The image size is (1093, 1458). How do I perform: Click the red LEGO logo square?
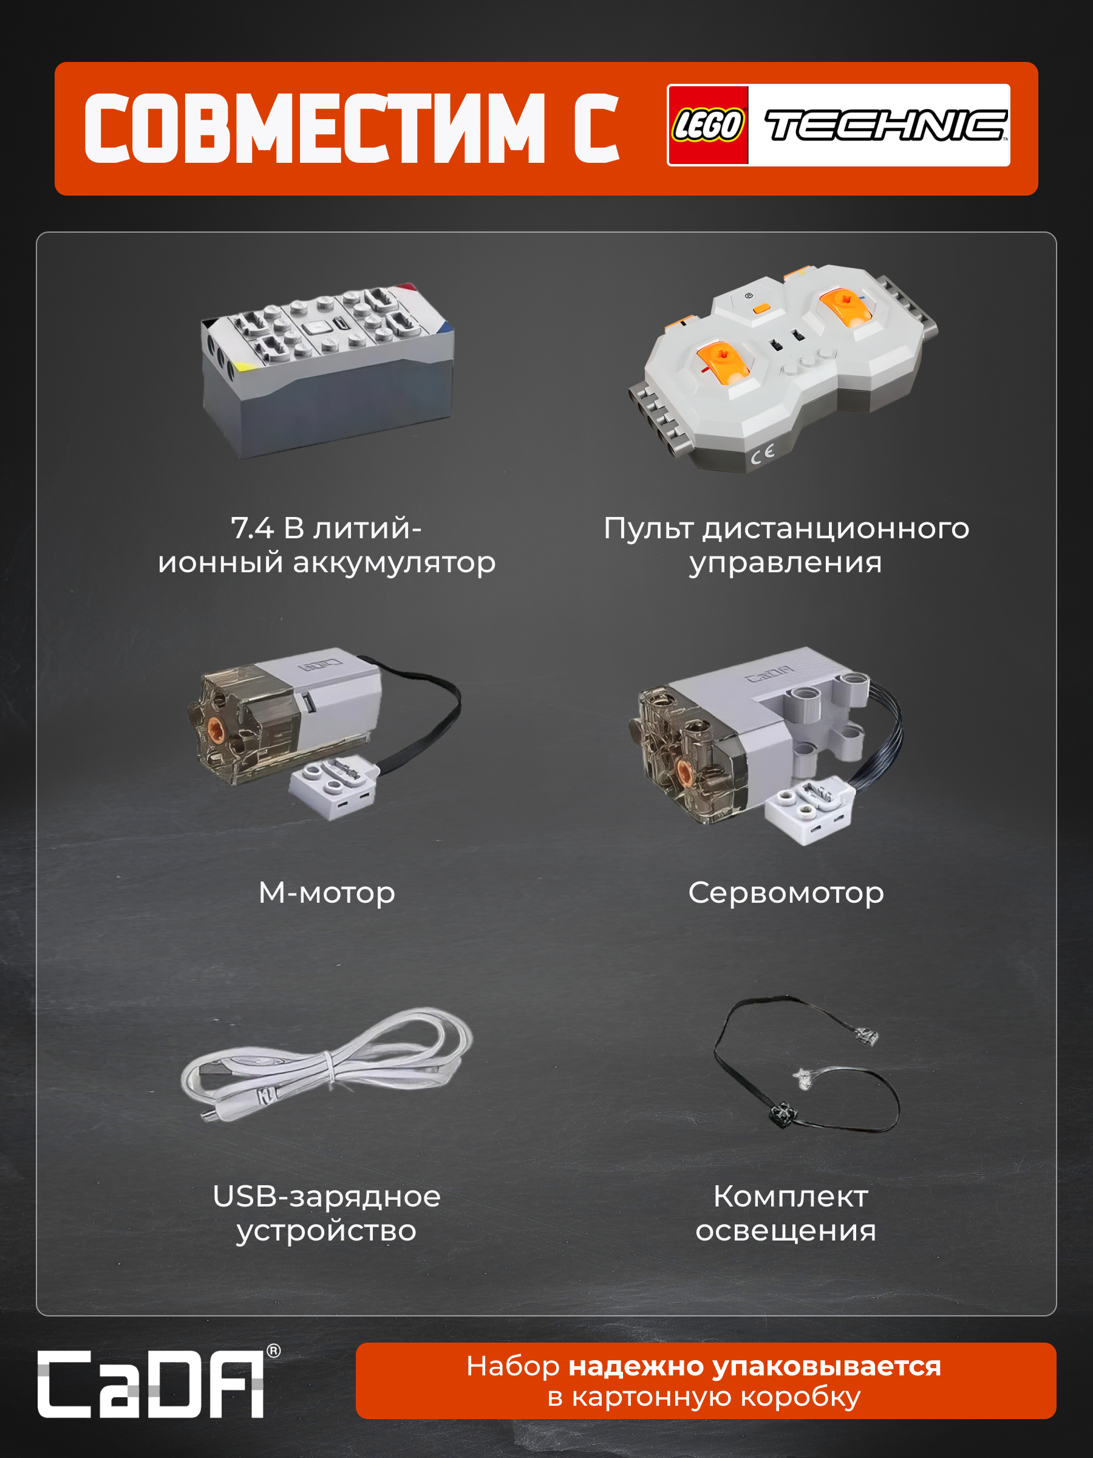tap(708, 125)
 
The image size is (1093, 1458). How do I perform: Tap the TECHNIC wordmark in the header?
tap(885, 125)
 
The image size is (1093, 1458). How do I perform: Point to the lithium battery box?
tap(327, 371)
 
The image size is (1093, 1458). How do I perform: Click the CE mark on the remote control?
tap(761, 454)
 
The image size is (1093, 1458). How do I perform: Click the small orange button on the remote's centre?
tap(761, 308)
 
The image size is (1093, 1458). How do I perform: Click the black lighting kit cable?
tap(806, 1062)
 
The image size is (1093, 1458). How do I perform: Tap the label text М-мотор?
tap(327, 892)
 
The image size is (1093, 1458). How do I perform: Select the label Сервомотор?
tap(786, 892)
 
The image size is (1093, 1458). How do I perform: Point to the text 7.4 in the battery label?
tap(253, 528)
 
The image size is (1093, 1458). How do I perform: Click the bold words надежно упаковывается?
tap(754, 1366)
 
